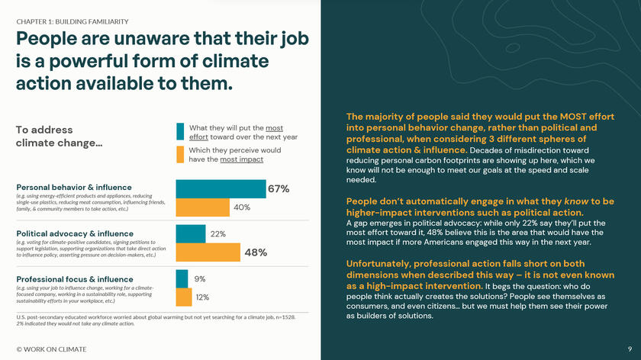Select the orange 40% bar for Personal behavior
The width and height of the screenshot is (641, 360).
[x=202, y=207]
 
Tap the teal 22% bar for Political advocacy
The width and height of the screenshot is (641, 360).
[x=191, y=233]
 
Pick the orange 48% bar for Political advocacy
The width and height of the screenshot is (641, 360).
[x=208, y=252]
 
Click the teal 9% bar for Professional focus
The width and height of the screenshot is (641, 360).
[x=182, y=278]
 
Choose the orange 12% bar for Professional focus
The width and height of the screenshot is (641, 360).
[x=184, y=297]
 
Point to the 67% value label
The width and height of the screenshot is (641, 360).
[x=278, y=189]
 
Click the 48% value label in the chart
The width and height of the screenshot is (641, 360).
[x=255, y=252]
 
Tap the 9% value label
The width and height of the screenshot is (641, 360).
[x=200, y=279]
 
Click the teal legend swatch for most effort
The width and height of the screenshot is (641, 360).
[x=180, y=131]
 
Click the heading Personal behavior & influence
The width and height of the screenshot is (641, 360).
[x=74, y=187]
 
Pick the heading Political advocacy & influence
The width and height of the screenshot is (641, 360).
[x=75, y=233]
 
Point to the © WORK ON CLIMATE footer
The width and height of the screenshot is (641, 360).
[x=51, y=349]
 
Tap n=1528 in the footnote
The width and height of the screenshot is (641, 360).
[x=283, y=317]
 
